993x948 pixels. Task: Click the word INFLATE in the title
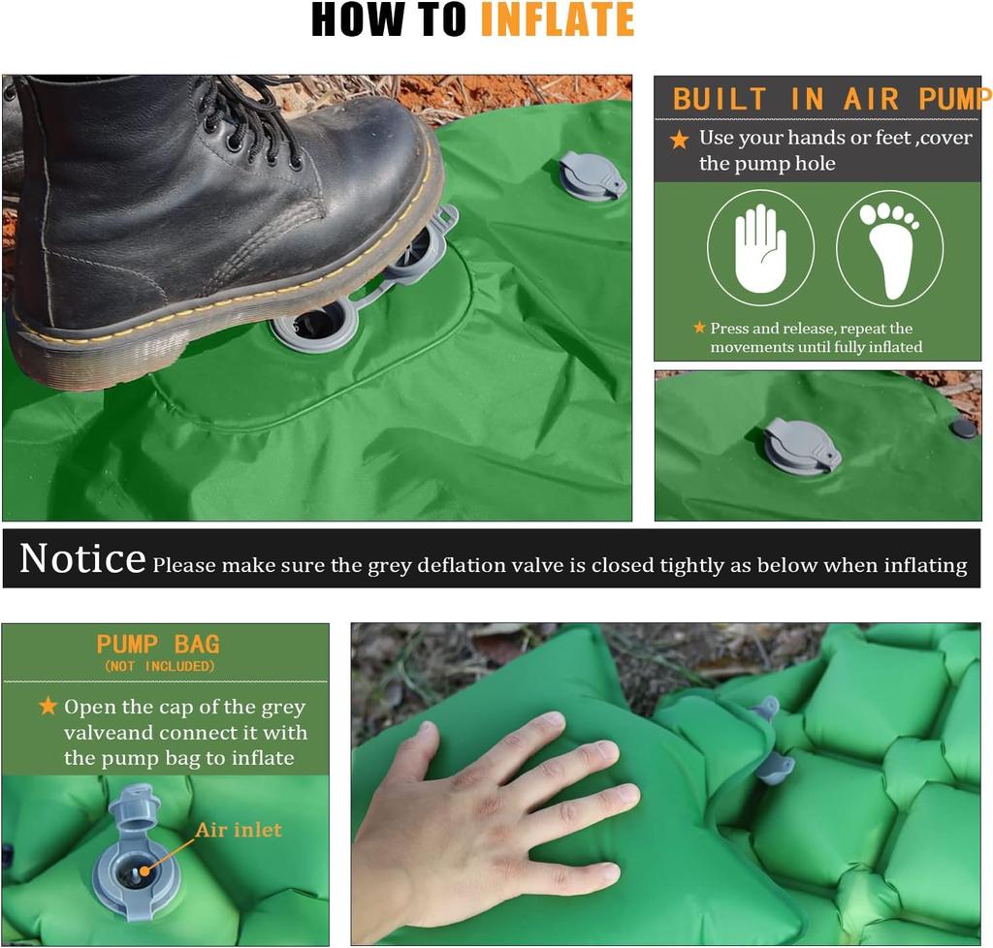coord(557,20)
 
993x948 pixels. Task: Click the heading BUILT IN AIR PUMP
coord(829,99)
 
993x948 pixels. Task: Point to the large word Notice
coord(82,559)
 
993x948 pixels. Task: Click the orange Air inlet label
coord(239,830)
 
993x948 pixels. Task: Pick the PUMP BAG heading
coord(158,645)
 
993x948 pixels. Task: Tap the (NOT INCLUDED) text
coord(159,667)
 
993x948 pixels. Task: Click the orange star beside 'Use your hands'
coord(679,140)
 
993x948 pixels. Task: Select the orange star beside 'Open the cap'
coord(48,707)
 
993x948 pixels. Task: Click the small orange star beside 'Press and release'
coord(699,328)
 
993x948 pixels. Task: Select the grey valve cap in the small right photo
coord(802,446)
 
